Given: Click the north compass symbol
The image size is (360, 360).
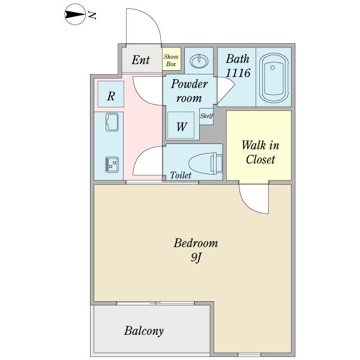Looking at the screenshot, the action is tap(75, 14).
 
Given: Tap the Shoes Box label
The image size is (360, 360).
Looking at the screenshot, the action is tap(171, 60).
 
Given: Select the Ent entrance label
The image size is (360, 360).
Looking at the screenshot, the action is tap(140, 60).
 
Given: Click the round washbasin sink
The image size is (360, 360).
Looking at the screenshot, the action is tap(199, 61).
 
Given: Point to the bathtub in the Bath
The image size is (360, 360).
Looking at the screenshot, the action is tap(274, 78).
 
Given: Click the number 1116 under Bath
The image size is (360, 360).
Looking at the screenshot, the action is tap(238, 73).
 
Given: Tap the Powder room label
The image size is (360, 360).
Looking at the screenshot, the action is tap(189, 91).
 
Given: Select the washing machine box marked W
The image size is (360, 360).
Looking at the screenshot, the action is tap(181, 125).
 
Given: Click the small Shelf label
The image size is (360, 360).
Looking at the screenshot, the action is tap(206, 116).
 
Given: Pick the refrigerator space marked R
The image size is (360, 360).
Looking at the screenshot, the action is tap(110, 94).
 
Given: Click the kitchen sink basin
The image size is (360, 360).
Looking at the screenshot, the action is tap(112, 122).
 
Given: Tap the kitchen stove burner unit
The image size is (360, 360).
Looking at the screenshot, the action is tap(112, 164).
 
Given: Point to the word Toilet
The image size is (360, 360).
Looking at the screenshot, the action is tap(181, 175).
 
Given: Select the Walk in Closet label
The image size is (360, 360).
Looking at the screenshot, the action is tap(260, 152).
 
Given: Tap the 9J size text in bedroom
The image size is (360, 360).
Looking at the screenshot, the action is tap(196, 258).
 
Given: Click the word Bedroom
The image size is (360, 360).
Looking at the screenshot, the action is tap(196, 244).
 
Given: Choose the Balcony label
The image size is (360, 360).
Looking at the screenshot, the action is tap(144, 331).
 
